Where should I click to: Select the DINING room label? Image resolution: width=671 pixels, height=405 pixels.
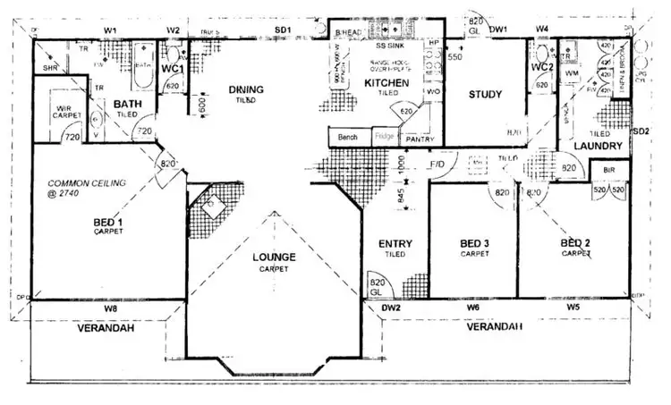(x=246, y=89)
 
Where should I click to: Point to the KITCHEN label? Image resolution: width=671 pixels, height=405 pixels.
(x=386, y=83)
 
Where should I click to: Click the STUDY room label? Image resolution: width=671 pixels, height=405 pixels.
(x=485, y=95)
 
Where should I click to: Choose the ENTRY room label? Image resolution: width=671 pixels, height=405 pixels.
(x=395, y=243)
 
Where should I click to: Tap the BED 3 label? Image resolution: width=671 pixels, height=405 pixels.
(x=475, y=243)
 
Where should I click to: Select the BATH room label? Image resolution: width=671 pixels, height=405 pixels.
(x=128, y=105)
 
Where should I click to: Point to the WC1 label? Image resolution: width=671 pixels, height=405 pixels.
(x=172, y=68)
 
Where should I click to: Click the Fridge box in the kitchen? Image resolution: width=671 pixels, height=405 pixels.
(x=385, y=137)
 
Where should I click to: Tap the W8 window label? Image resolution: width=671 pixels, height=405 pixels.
(x=110, y=308)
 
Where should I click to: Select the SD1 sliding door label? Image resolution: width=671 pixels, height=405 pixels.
(x=283, y=30)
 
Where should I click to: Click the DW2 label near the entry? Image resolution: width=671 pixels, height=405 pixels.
(x=390, y=308)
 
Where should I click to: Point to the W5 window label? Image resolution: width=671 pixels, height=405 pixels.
(x=572, y=308)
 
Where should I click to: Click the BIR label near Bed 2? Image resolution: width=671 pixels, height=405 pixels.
(x=609, y=169)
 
